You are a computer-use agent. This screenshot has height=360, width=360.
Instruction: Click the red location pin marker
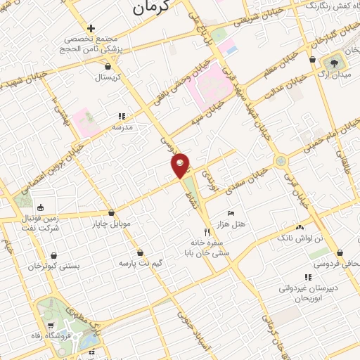pos(181,165)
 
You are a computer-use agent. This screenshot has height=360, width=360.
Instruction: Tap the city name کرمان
pos(151,9)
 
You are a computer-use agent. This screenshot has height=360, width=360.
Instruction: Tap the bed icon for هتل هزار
pos(231,212)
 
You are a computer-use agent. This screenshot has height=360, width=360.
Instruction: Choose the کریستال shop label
pos(109,77)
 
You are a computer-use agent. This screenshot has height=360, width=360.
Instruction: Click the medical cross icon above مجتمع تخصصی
pos(91,28)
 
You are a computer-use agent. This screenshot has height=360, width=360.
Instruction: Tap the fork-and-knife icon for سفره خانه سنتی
pos(206,231)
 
